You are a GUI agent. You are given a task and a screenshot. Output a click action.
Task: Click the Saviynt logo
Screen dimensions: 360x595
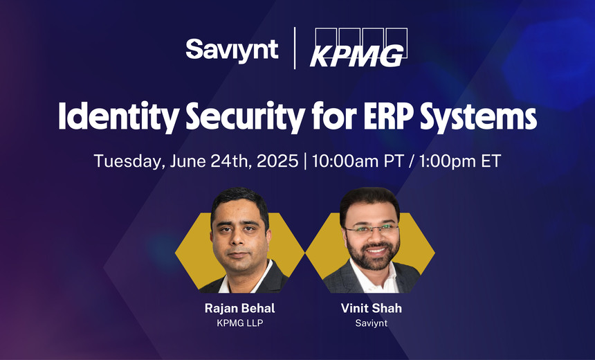point(232,49)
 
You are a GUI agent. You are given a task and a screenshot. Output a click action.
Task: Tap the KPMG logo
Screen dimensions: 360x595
point(358,49)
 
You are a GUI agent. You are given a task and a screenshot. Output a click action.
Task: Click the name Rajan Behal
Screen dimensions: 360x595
point(239,309)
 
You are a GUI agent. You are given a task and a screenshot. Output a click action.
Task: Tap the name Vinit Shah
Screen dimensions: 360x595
point(371,309)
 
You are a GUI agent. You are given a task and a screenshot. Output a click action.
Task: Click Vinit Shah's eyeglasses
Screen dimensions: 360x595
point(371,229)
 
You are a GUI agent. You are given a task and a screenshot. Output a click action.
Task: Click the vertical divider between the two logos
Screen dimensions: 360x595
point(295,48)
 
